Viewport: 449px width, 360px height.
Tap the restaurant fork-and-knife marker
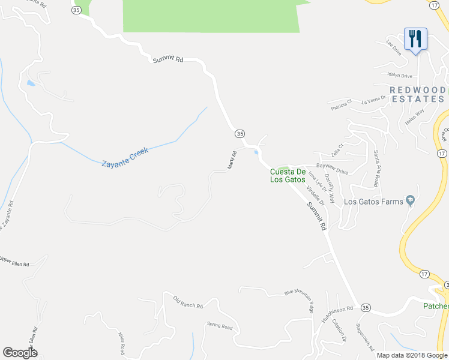coord(415,40)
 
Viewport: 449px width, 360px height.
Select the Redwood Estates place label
coord(418,95)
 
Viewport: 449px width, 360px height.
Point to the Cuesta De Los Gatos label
coord(288,175)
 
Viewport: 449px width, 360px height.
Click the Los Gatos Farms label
coord(373,202)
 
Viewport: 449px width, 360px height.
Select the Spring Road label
coord(219,326)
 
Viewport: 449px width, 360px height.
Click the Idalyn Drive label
coord(400,76)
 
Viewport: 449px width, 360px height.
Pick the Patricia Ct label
coord(344,106)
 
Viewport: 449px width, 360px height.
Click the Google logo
coord(20,353)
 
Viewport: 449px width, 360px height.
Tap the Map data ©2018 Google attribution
coord(412,355)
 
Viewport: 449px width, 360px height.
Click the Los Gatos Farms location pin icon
coord(410,200)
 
